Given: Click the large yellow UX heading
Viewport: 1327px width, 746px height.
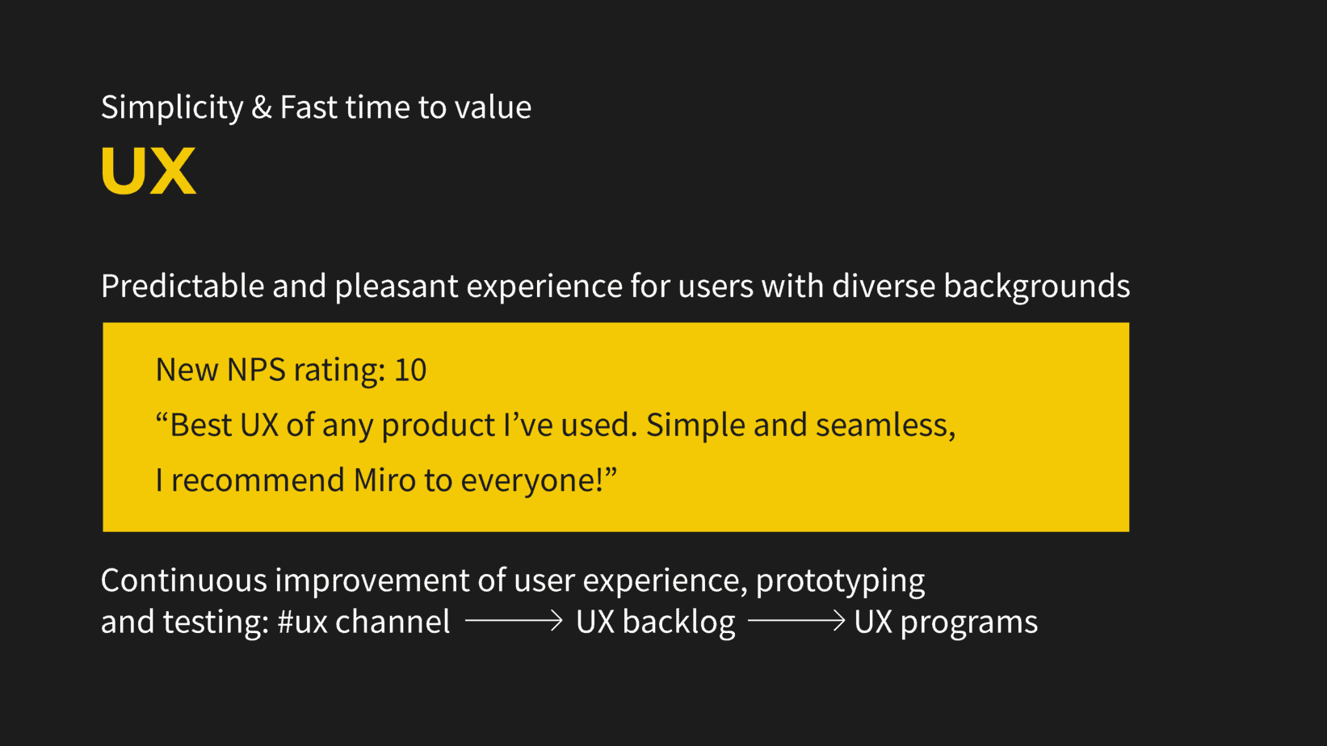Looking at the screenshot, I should (x=149, y=170).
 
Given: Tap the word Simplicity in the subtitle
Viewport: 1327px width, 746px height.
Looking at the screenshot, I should (x=172, y=107).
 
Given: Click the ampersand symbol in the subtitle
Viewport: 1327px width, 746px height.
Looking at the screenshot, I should (x=262, y=107).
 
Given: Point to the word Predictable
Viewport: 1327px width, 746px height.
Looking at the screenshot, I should (x=183, y=286).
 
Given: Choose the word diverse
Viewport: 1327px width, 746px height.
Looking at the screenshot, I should (x=883, y=286).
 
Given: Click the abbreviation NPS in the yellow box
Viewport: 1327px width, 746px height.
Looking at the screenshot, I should (x=256, y=370).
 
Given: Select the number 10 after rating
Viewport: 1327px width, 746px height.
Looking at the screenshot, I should (x=410, y=370).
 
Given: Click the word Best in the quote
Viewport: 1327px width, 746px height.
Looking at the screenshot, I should (x=201, y=425).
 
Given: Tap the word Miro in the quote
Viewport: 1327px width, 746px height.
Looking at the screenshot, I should (x=385, y=480).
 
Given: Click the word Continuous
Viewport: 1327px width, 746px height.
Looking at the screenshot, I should (x=183, y=580).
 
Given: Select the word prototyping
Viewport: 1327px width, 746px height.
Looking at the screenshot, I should (x=840, y=581).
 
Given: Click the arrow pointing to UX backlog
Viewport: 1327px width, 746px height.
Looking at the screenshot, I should (x=514, y=620).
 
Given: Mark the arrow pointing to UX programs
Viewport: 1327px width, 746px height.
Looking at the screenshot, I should (x=796, y=620).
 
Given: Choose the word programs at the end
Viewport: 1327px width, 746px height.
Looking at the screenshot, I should (x=968, y=622).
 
